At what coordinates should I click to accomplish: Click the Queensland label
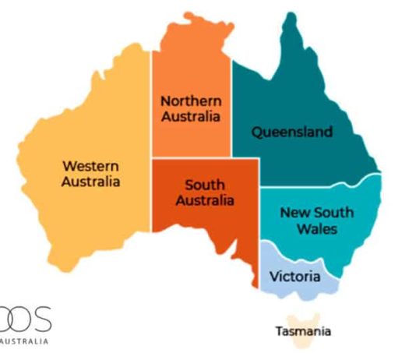click(291, 132)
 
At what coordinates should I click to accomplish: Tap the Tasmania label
click(303, 332)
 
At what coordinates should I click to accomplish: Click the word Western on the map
click(91, 166)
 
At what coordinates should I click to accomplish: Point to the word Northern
click(191, 101)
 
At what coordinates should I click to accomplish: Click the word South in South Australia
click(205, 185)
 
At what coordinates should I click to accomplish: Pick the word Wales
click(317, 229)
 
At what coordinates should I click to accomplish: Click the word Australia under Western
click(91, 182)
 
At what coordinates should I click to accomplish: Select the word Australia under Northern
click(191, 117)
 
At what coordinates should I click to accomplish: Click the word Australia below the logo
click(25, 341)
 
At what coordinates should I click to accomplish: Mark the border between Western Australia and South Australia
click(151, 195)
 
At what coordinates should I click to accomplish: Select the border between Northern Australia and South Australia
click(191, 157)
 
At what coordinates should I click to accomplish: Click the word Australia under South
click(205, 201)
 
